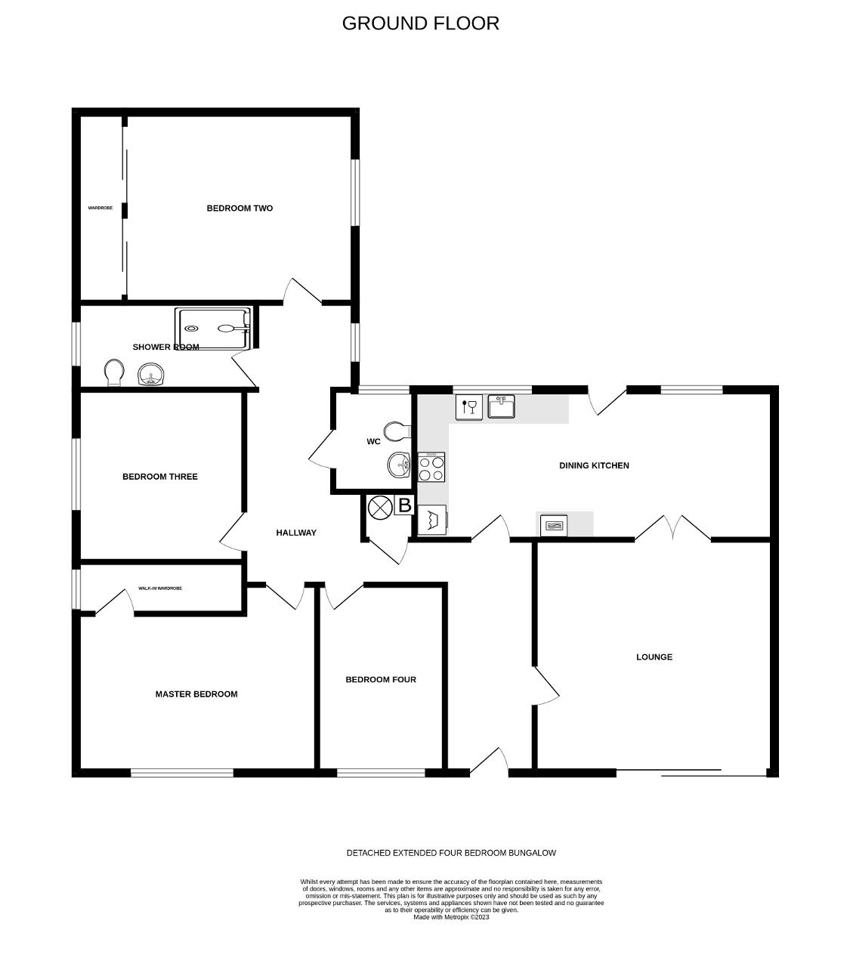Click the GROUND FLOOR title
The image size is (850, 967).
click(x=420, y=23)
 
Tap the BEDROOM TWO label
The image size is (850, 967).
click(x=240, y=209)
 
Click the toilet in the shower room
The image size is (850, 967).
click(x=114, y=371)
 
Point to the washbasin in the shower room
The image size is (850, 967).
click(x=151, y=375)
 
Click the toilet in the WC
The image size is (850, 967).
click(x=396, y=431)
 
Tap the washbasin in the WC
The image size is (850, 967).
click(x=398, y=465)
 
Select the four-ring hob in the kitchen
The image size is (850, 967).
click(x=431, y=467)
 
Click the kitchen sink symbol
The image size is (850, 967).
click(x=501, y=406)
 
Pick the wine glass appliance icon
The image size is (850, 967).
click(x=468, y=407)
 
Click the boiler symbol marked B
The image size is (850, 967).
click(x=404, y=505)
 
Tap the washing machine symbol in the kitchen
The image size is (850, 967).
click(x=432, y=520)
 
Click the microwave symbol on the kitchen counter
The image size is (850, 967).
click(x=554, y=524)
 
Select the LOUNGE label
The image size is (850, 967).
click(x=654, y=657)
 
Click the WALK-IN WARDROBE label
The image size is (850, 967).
click(x=160, y=589)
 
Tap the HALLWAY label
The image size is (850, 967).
click(x=296, y=533)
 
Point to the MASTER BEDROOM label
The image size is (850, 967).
click(x=196, y=694)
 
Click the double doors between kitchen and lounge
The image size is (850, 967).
click(x=673, y=529)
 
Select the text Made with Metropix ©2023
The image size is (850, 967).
click(x=451, y=917)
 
